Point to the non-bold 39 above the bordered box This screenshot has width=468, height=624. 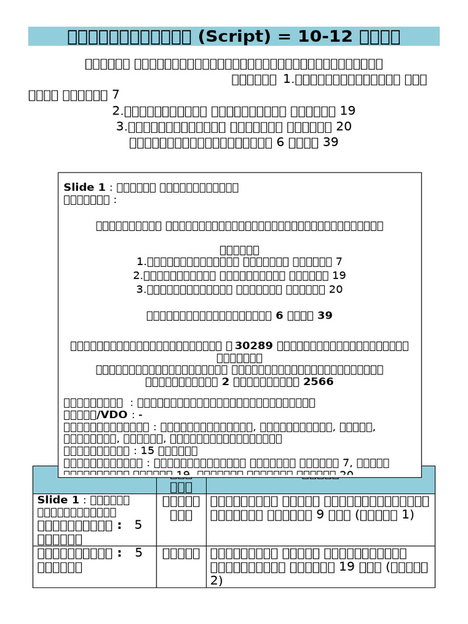point(330,142)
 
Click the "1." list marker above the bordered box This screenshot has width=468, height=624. point(289,79)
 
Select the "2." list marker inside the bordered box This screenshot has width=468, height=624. point(137,275)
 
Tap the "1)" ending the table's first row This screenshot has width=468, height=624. point(408,514)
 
